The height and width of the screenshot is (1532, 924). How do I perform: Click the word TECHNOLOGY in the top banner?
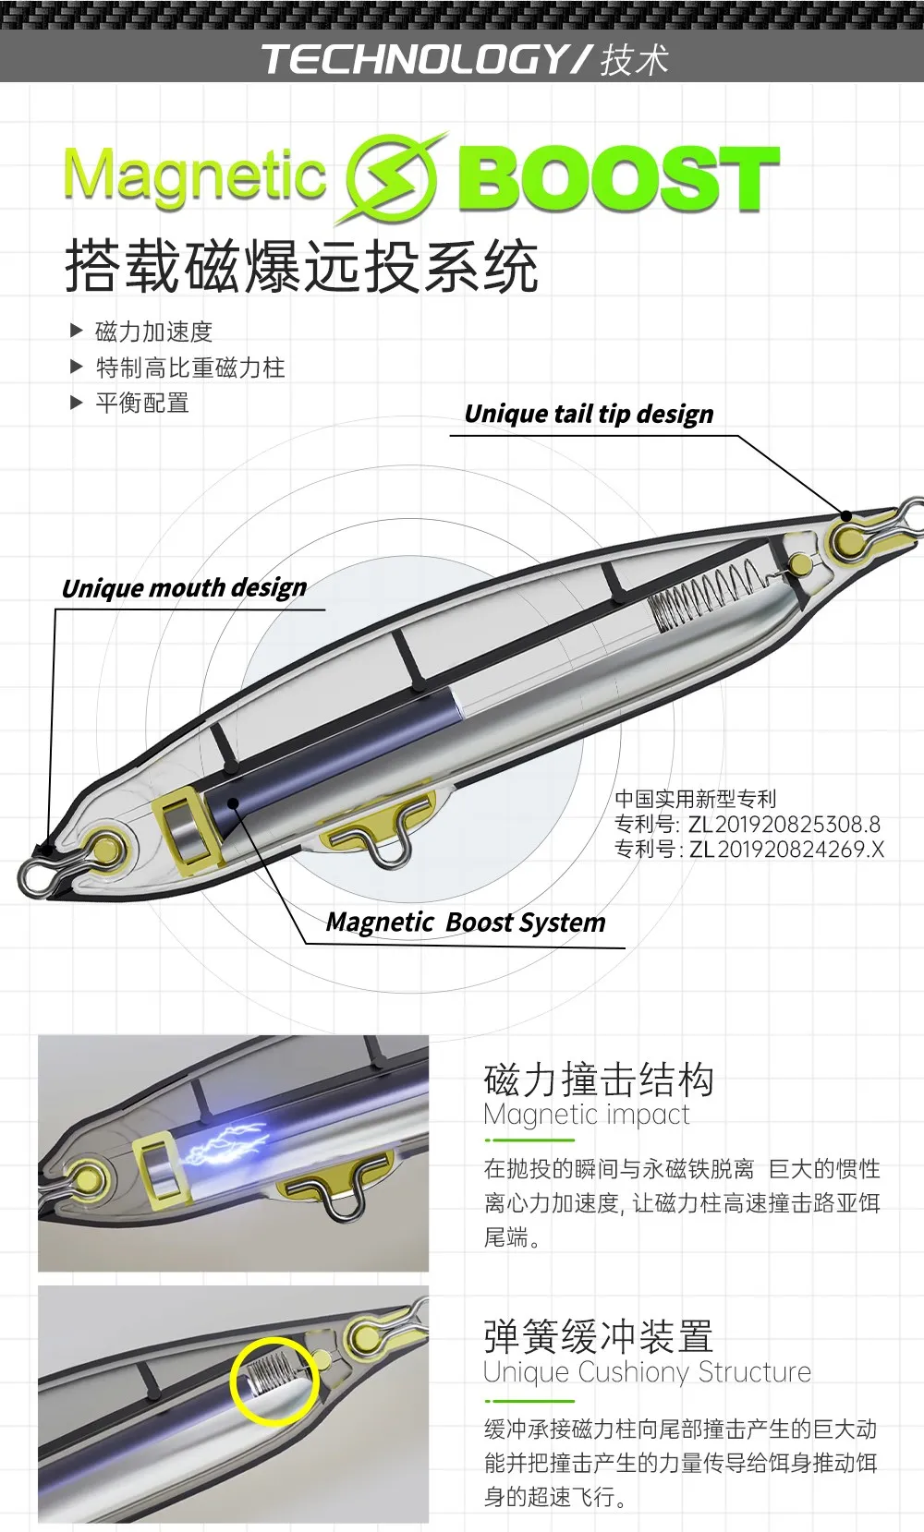point(414,59)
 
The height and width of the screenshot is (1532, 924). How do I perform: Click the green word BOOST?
point(619,178)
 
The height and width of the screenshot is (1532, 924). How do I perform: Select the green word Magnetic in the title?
point(195,176)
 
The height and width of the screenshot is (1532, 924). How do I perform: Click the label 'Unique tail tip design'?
point(589,414)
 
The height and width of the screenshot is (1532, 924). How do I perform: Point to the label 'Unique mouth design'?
point(184,587)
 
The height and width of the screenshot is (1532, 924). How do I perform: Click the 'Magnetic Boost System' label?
point(466,922)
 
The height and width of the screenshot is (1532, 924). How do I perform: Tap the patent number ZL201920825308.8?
point(784,824)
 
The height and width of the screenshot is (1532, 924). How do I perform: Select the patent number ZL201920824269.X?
point(786,849)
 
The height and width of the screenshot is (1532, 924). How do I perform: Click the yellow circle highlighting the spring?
point(274,1381)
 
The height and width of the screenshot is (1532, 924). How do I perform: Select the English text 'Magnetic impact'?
point(587,1114)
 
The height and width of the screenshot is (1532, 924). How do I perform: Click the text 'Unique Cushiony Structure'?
point(647,1372)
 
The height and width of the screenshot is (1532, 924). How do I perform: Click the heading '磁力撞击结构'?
point(598,1080)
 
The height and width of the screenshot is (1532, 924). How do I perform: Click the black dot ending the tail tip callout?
point(846,515)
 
